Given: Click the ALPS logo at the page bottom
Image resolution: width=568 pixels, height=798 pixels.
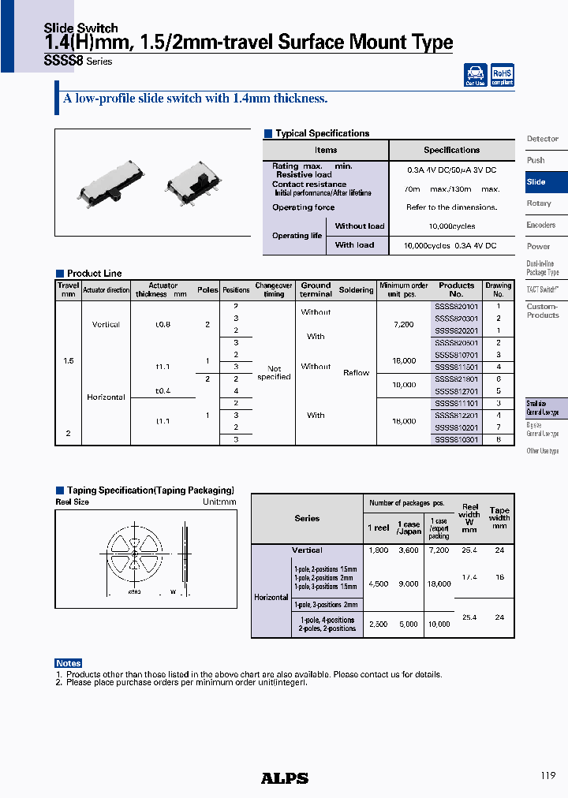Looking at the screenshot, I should tap(285, 778).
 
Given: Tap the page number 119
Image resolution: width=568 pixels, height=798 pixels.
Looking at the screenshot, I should tap(549, 776).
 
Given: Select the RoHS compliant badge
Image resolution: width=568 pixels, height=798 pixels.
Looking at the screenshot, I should tap(503, 75).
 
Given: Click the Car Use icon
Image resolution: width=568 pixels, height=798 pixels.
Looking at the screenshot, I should tap(475, 75).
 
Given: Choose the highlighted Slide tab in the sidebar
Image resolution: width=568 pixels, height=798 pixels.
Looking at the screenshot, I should tap(536, 182).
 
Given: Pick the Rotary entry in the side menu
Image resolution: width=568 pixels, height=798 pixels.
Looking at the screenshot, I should tap(539, 203).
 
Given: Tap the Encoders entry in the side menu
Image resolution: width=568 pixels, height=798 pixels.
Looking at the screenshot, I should tap(541, 226).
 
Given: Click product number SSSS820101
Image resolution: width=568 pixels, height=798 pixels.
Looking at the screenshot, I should tap(457, 306).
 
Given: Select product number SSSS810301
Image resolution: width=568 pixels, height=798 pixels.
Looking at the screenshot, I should tap(457, 439).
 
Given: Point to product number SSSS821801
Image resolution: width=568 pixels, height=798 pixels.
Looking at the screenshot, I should tap(457, 379).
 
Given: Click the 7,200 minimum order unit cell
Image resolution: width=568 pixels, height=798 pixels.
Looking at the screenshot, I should tap(403, 324).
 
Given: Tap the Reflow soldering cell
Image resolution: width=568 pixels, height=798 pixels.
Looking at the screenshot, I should tap(356, 373).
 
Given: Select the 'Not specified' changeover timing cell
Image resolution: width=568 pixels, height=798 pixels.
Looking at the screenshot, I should tap(274, 373).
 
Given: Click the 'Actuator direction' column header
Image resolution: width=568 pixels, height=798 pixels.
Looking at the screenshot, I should tap(106, 290).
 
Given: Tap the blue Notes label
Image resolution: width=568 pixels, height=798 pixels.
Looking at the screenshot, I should tap(69, 663).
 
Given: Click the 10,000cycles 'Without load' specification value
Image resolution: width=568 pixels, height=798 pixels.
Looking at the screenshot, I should tap(451, 226).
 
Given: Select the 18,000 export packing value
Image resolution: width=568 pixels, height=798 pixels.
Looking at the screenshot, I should tap(439, 584).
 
